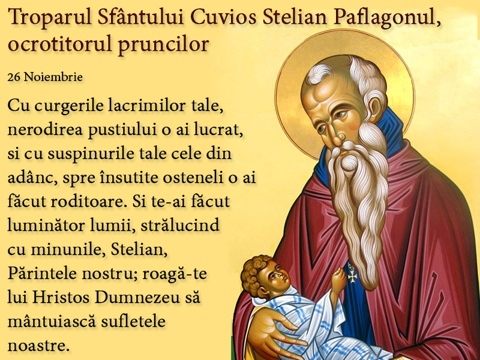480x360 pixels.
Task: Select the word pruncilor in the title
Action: (x=163, y=44)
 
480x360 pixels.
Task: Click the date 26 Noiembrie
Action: (x=45, y=77)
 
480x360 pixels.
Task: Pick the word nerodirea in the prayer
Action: (x=45, y=130)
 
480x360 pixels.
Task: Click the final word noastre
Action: (x=37, y=346)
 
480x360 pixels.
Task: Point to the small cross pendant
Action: (x=352, y=275)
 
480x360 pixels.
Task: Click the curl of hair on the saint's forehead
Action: (x=319, y=74)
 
